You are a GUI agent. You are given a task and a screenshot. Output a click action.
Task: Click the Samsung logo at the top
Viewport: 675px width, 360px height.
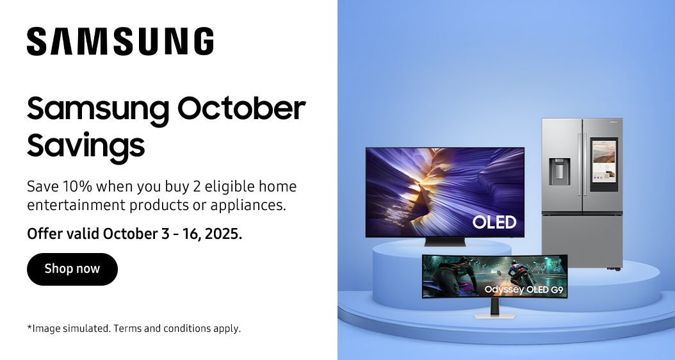click(x=120, y=42)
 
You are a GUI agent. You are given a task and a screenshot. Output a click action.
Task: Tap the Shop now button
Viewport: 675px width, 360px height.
click(x=72, y=269)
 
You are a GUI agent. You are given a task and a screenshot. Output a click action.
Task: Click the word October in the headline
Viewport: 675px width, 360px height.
click(x=241, y=108)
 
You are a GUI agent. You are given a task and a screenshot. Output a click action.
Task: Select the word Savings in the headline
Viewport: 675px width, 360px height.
click(x=86, y=146)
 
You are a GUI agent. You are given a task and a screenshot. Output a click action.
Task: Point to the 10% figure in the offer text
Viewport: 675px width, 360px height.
click(x=77, y=186)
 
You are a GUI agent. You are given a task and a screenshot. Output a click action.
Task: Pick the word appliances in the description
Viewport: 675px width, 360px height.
click(x=248, y=206)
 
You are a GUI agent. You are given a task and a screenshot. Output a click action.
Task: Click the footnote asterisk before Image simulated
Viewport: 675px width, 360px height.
click(x=29, y=327)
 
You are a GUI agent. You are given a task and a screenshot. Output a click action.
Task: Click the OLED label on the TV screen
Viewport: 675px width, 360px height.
click(x=494, y=222)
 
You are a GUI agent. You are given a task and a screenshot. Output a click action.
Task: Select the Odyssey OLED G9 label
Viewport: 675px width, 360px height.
click(x=524, y=290)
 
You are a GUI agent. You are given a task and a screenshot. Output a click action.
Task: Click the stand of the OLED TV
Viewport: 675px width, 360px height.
click(x=445, y=241)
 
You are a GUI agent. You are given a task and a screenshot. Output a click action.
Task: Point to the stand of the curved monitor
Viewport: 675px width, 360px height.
click(x=494, y=309)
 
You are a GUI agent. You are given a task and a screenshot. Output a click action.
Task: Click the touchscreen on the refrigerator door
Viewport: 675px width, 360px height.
click(x=604, y=164)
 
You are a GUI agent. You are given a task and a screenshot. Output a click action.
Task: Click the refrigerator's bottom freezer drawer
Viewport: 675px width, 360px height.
click(x=582, y=240)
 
